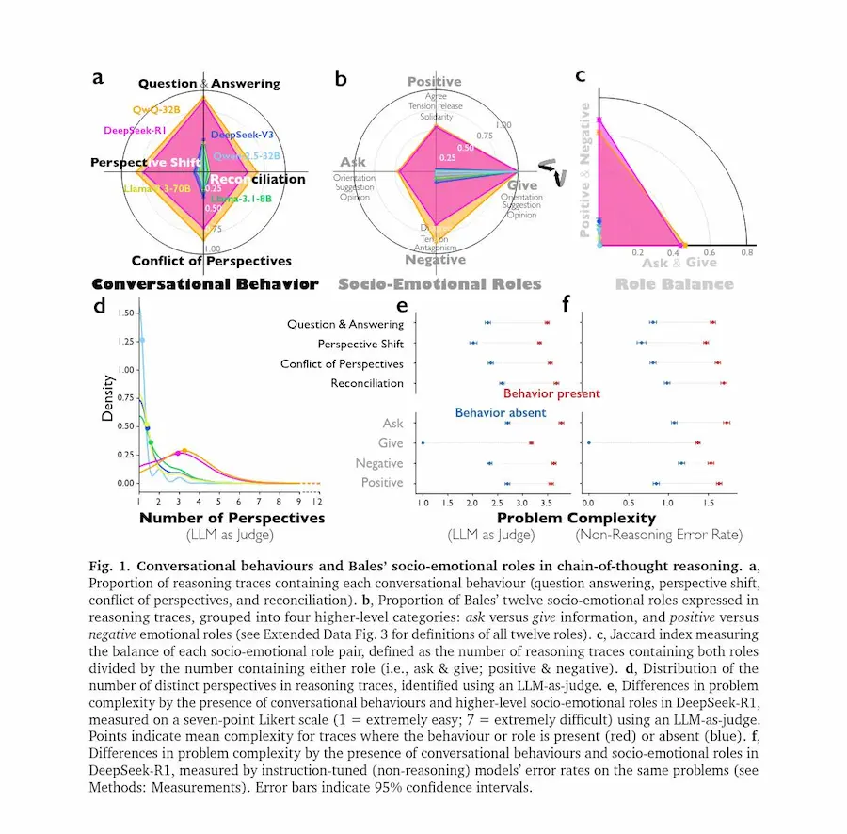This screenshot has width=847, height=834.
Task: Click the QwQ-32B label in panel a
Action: point(157,110)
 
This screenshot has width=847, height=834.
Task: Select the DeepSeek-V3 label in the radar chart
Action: point(243,135)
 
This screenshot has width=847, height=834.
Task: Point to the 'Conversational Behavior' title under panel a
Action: point(205,283)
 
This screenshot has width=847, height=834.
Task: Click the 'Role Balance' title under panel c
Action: point(674,283)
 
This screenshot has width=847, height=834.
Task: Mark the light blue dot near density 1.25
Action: point(142,341)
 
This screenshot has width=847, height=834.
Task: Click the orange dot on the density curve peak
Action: point(184,451)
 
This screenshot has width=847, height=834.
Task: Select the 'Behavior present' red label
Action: point(551,393)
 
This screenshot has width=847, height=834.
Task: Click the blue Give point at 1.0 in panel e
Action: point(423,443)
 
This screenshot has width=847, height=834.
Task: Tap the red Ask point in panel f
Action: point(727,423)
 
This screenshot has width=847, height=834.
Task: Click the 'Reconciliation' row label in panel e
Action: point(367,383)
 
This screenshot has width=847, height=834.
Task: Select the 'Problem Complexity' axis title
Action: point(576,518)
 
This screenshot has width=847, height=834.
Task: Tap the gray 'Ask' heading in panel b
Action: point(353,162)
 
